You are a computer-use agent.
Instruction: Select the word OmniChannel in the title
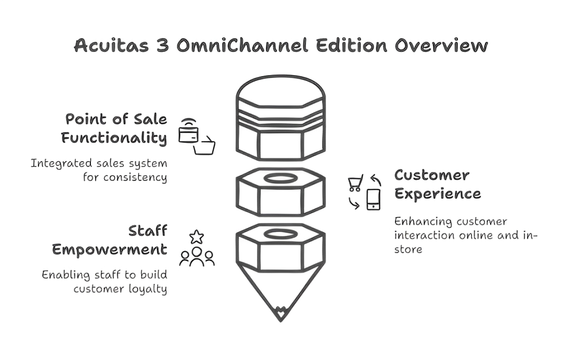coord(242,45)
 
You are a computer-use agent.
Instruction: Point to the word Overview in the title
coord(441,45)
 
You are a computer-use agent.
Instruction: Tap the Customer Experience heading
coord(437,184)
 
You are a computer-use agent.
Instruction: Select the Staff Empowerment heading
coord(109,240)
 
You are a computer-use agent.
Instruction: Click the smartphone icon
coord(373,199)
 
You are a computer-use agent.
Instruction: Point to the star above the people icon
coord(197,237)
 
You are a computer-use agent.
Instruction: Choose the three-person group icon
coord(197,256)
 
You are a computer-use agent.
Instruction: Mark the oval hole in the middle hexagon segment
coord(280,178)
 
